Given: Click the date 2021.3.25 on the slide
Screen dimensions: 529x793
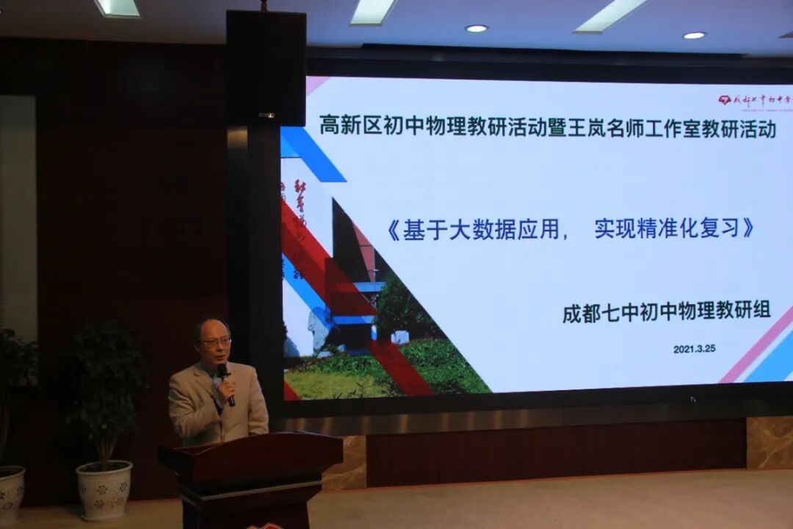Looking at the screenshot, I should (694, 349).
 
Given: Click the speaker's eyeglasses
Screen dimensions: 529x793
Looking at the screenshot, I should (215, 342).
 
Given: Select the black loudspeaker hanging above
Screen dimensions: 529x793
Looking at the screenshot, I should (266, 68).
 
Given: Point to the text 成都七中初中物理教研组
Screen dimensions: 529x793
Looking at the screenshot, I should (667, 312).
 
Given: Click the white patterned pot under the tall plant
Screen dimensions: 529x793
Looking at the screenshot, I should (104, 489).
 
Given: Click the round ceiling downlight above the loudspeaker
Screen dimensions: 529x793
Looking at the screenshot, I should (477, 29).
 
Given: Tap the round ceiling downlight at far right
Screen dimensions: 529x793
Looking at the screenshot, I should (694, 35).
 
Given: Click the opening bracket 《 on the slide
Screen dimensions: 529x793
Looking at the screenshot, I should (393, 231).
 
